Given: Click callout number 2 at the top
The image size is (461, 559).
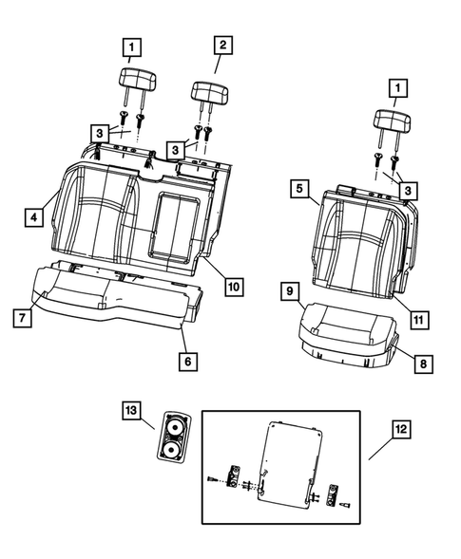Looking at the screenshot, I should click(221, 45).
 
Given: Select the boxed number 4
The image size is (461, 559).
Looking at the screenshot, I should click(33, 217).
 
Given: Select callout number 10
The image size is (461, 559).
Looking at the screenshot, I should click(234, 286).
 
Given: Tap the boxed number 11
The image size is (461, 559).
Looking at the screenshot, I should click(418, 319).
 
